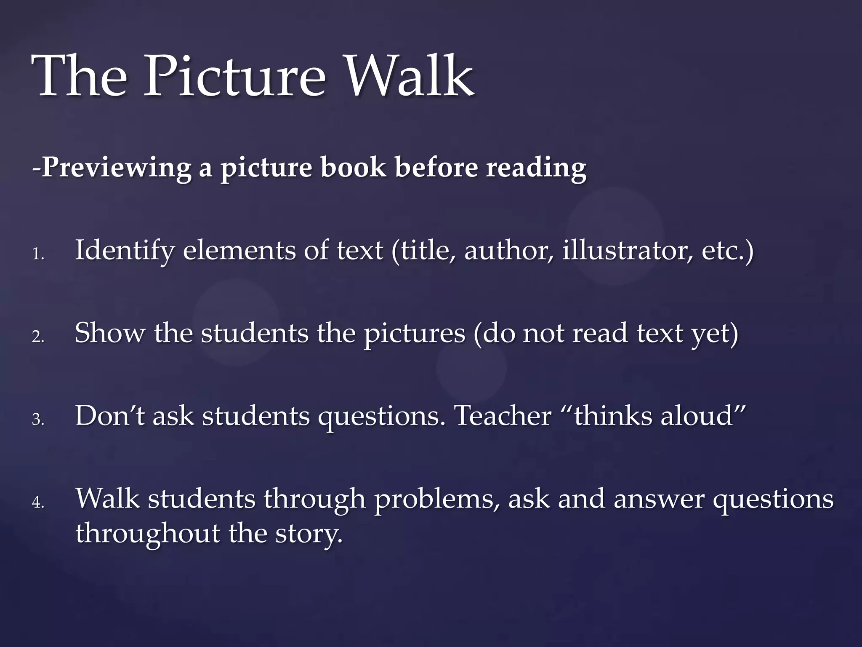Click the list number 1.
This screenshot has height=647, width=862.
point(37,254)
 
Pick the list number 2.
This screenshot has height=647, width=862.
point(37,337)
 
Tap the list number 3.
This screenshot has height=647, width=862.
point(37,420)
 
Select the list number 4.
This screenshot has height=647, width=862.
point(37,502)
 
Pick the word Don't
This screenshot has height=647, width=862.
point(110,415)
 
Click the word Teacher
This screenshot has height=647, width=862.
point(503,415)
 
